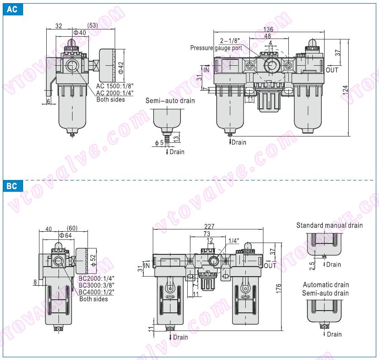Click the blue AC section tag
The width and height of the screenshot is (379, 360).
(x=12, y=10)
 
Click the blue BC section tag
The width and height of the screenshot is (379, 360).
(x=12, y=186)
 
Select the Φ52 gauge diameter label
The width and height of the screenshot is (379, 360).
(x=93, y=261)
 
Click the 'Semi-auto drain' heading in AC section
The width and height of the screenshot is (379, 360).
(x=170, y=100)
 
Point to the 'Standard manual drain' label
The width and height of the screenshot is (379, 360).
(x=329, y=225)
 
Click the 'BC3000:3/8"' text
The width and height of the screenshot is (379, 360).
(x=97, y=285)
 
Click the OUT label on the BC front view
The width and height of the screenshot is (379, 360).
(x=270, y=265)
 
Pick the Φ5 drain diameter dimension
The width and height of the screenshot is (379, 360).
(x=159, y=143)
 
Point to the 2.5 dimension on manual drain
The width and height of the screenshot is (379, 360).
(x=312, y=265)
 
